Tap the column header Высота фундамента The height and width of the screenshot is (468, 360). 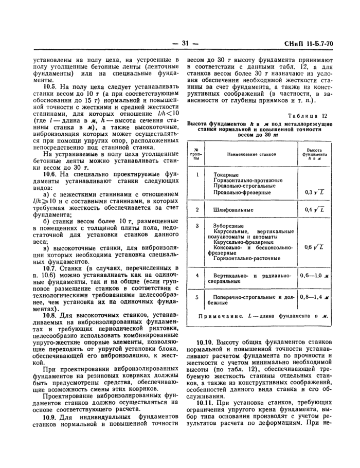pos(314,154)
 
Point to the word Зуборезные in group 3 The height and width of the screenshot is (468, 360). pos(226,226)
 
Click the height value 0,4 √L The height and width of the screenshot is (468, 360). pos(314,210)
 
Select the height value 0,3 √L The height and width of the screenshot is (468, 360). pos(314,192)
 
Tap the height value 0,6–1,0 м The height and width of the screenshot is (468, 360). pos(314,276)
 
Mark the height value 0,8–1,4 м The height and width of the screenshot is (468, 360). pos(314,297)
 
